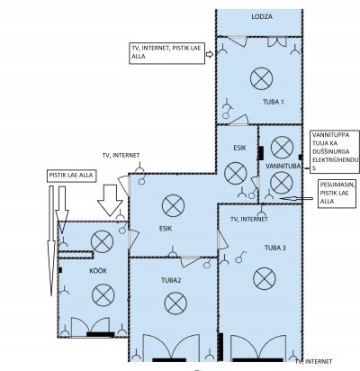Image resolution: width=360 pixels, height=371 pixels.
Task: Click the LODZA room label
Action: point(262,16)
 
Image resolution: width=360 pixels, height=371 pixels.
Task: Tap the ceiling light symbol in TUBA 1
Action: point(261,78)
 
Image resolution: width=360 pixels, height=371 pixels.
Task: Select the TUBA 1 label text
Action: point(274,102)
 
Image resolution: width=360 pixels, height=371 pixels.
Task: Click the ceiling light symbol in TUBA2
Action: point(175,303)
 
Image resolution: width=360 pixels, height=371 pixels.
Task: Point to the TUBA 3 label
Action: point(275,248)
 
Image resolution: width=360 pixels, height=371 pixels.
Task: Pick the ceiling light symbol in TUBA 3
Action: point(265,278)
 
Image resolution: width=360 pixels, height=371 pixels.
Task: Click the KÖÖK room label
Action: point(98,271)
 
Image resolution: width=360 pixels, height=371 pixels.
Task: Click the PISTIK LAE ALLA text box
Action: point(71,176)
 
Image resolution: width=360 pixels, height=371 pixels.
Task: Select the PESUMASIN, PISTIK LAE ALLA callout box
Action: point(338,194)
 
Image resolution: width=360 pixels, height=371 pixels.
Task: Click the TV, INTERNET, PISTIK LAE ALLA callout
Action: point(166,53)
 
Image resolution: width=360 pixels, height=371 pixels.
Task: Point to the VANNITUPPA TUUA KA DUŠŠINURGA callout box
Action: point(335,151)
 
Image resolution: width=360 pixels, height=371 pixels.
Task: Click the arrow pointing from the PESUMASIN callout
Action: point(296,198)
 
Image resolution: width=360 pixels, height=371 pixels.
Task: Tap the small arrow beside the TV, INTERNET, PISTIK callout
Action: point(210,54)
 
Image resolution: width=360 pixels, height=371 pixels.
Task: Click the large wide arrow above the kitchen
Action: point(110,200)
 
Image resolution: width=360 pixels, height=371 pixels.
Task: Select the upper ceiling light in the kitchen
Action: point(102,241)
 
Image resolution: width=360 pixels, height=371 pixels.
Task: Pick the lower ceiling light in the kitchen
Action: point(103,295)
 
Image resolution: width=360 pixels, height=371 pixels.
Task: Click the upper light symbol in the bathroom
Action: point(282,148)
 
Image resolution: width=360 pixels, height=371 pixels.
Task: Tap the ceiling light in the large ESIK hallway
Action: point(173,205)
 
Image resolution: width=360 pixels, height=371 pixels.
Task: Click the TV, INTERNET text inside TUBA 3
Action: point(249,220)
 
